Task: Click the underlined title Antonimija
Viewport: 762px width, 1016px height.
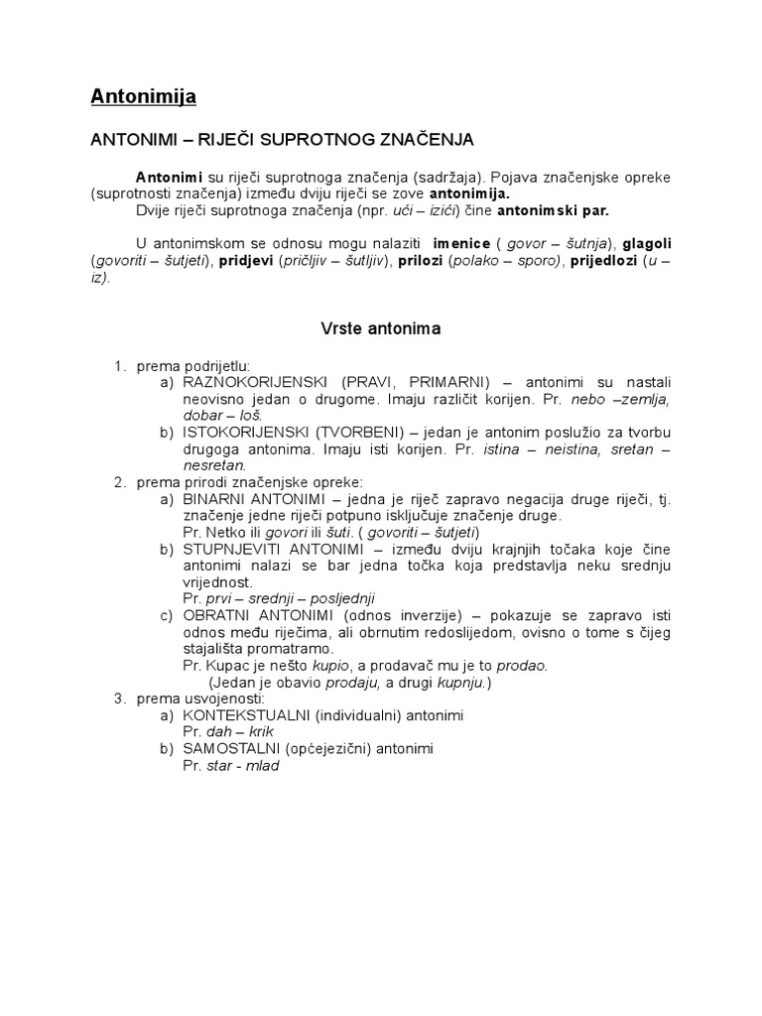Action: click(143, 96)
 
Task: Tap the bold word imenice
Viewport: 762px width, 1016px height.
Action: click(464, 244)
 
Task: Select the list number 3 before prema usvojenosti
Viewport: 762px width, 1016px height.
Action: click(118, 698)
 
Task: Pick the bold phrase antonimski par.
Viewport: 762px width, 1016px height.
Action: click(553, 210)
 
